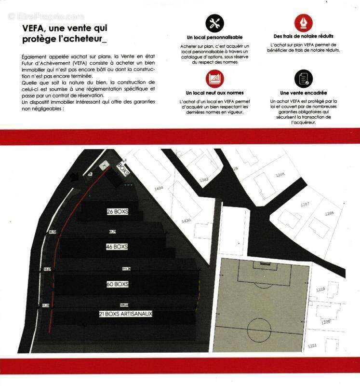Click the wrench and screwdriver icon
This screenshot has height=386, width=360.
[214, 23]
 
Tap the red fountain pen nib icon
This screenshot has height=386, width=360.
[303, 23]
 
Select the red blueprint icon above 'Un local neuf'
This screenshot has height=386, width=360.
[214, 79]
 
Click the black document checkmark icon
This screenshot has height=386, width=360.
[303, 79]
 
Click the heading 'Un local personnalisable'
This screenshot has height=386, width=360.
[214, 37]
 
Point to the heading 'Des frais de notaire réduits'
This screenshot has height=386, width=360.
[303, 36]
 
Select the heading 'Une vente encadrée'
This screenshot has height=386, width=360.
[303, 93]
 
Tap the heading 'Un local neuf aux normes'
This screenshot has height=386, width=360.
[214, 93]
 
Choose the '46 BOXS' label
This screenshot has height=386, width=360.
[117, 247]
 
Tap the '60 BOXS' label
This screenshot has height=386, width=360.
[117, 284]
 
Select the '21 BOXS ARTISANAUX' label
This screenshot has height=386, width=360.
[125, 314]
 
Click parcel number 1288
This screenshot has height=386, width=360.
[329, 213]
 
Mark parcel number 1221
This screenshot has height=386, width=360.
[313, 345]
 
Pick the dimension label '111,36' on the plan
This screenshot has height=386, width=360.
[126, 269]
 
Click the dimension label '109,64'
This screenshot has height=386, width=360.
[124, 304]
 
